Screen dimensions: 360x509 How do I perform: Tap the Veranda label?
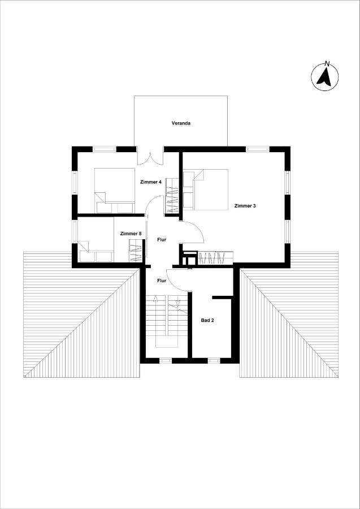coord(181,123)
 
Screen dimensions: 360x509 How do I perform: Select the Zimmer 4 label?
coord(151,182)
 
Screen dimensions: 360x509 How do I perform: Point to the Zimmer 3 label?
coord(245,206)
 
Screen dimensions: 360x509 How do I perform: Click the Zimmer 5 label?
coord(131,234)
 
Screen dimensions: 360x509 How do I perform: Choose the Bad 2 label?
coord(207,321)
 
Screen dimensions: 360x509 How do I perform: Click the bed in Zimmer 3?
coord(206,189)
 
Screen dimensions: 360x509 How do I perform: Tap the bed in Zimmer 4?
coord(115,191)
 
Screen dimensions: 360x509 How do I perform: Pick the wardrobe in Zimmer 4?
coord(172,196)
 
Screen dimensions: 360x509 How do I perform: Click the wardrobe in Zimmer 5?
coord(136,251)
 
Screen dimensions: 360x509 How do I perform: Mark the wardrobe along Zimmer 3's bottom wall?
coord(215,258)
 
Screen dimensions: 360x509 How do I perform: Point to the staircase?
coord(167,321)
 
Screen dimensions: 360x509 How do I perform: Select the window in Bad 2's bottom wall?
coord(214,361)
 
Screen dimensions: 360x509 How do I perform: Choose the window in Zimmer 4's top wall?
coord(105,149)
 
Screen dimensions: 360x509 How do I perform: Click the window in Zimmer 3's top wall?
coord(258,149)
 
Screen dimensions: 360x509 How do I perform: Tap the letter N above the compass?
coord(327,63)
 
